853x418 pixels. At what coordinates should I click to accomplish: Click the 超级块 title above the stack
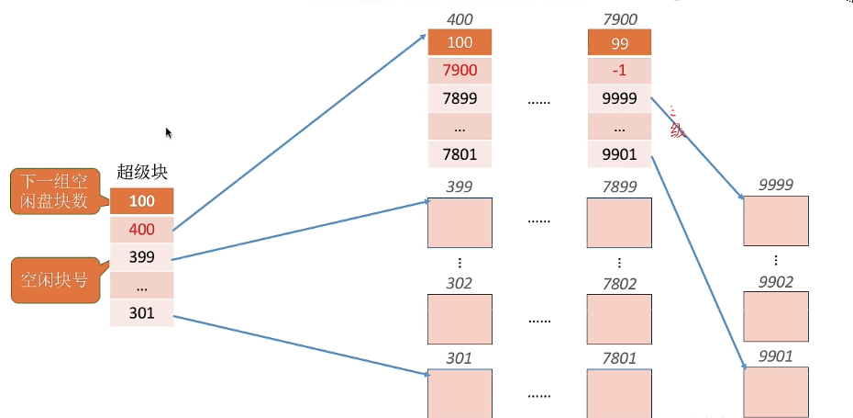(x=142, y=172)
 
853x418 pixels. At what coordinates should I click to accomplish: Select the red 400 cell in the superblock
(x=142, y=229)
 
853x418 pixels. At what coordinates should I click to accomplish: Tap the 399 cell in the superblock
(x=142, y=257)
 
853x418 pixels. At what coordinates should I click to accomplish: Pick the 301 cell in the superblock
(x=142, y=313)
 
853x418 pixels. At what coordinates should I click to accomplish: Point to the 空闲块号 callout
(x=55, y=280)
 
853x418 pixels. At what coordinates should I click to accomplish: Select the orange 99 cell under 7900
(x=620, y=42)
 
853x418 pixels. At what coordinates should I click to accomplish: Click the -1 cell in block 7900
(x=620, y=71)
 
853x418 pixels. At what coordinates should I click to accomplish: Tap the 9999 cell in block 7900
(x=620, y=98)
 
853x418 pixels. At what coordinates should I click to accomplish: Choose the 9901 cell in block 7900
(x=620, y=154)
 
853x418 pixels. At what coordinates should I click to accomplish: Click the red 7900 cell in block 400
(x=460, y=71)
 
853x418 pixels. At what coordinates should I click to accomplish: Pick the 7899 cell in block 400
(x=460, y=98)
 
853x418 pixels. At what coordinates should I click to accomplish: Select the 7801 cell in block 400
(x=460, y=154)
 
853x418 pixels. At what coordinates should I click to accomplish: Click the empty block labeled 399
(x=460, y=222)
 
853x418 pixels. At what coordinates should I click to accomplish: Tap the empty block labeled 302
(x=460, y=318)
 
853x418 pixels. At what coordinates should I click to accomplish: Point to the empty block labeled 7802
(x=620, y=318)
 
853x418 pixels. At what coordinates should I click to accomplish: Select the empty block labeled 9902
(x=776, y=317)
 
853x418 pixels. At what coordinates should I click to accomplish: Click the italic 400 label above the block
(x=460, y=19)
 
